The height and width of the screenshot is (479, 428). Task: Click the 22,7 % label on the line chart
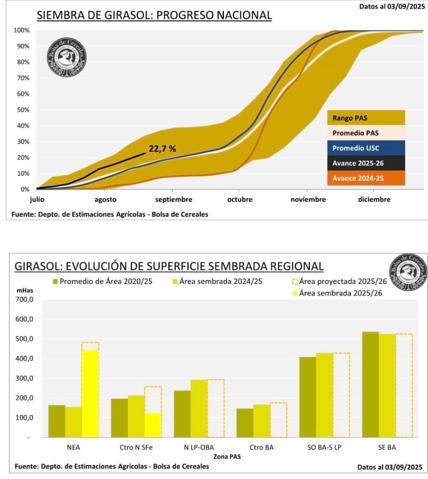pyautogui.click(x=162, y=149)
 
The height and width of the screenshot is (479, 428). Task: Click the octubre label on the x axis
pyautogui.click(x=239, y=199)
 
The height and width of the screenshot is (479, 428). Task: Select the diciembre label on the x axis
pyautogui.click(x=374, y=199)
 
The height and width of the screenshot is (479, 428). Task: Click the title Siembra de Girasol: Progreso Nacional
pyautogui.click(x=154, y=16)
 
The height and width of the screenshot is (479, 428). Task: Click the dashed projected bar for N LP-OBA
pyautogui.click(x=216, y=408)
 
